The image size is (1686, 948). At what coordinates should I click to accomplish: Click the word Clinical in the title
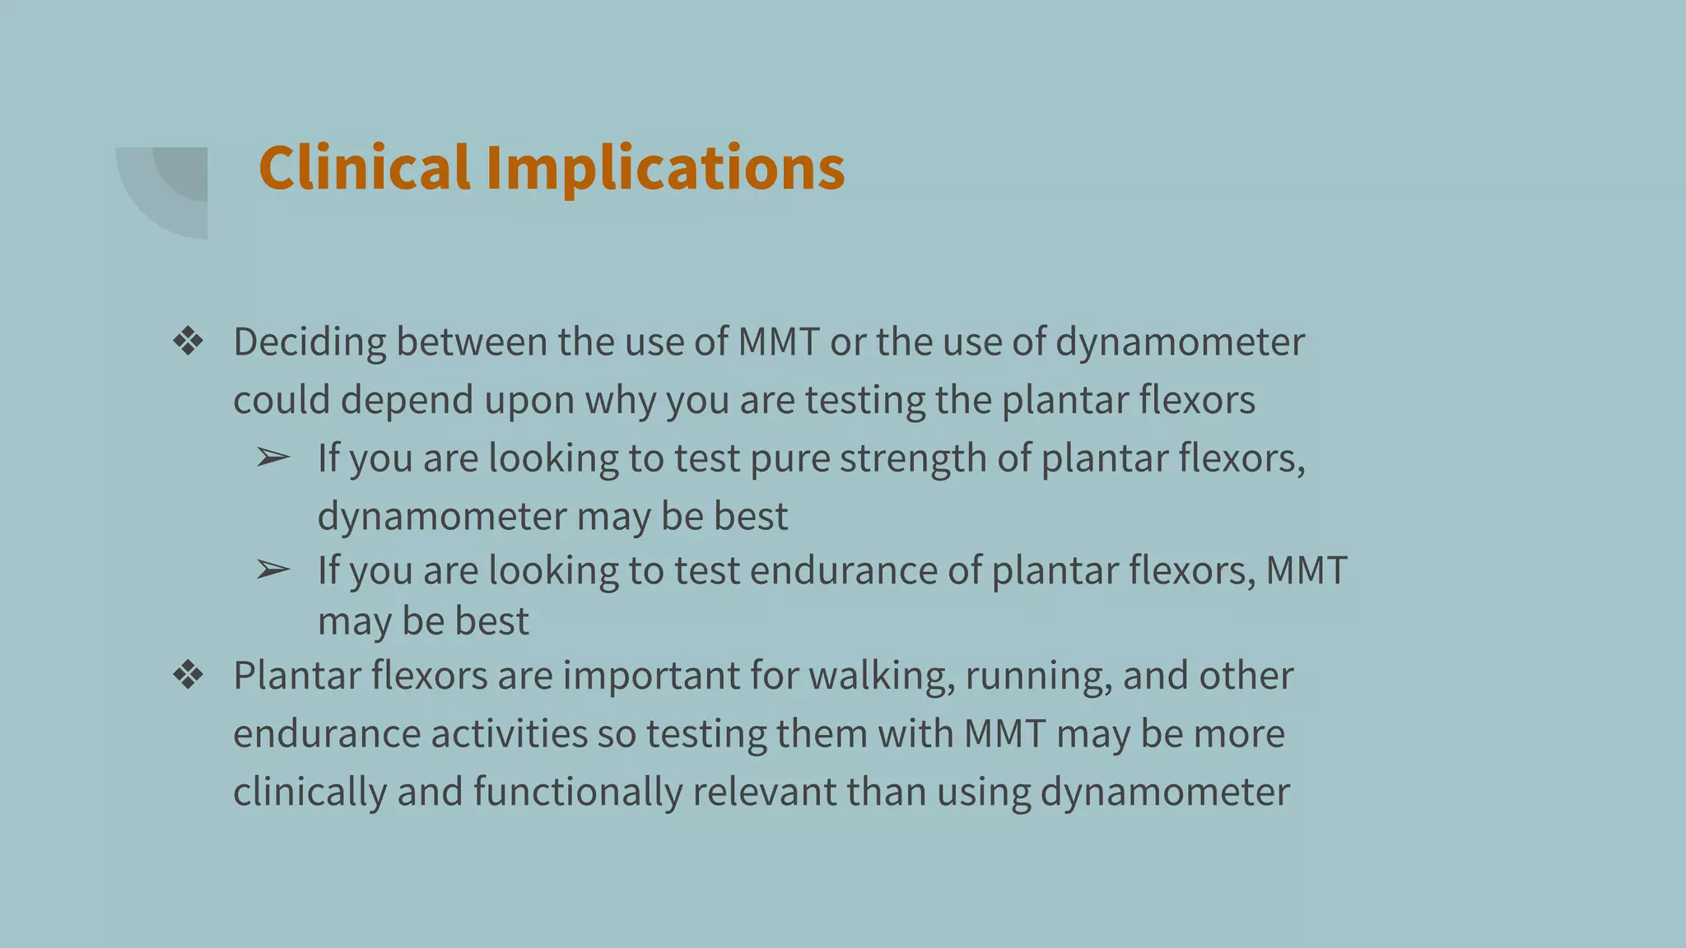pos(364,168)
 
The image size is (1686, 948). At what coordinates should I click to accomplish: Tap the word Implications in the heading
pos(665,168)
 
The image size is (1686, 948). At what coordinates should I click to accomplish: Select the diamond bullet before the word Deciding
pos(189,342)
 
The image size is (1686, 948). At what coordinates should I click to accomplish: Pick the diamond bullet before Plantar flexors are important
pos(189,676)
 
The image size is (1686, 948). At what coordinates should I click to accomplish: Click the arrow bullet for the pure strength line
pos(272,458)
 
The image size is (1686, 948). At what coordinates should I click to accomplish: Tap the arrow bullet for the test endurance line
pos(272,569)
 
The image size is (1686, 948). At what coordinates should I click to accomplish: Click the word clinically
pos(310,792)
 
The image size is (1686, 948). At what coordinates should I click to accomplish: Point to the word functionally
pos(577,792)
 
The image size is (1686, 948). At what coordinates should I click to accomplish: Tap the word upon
pos(529,401)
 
